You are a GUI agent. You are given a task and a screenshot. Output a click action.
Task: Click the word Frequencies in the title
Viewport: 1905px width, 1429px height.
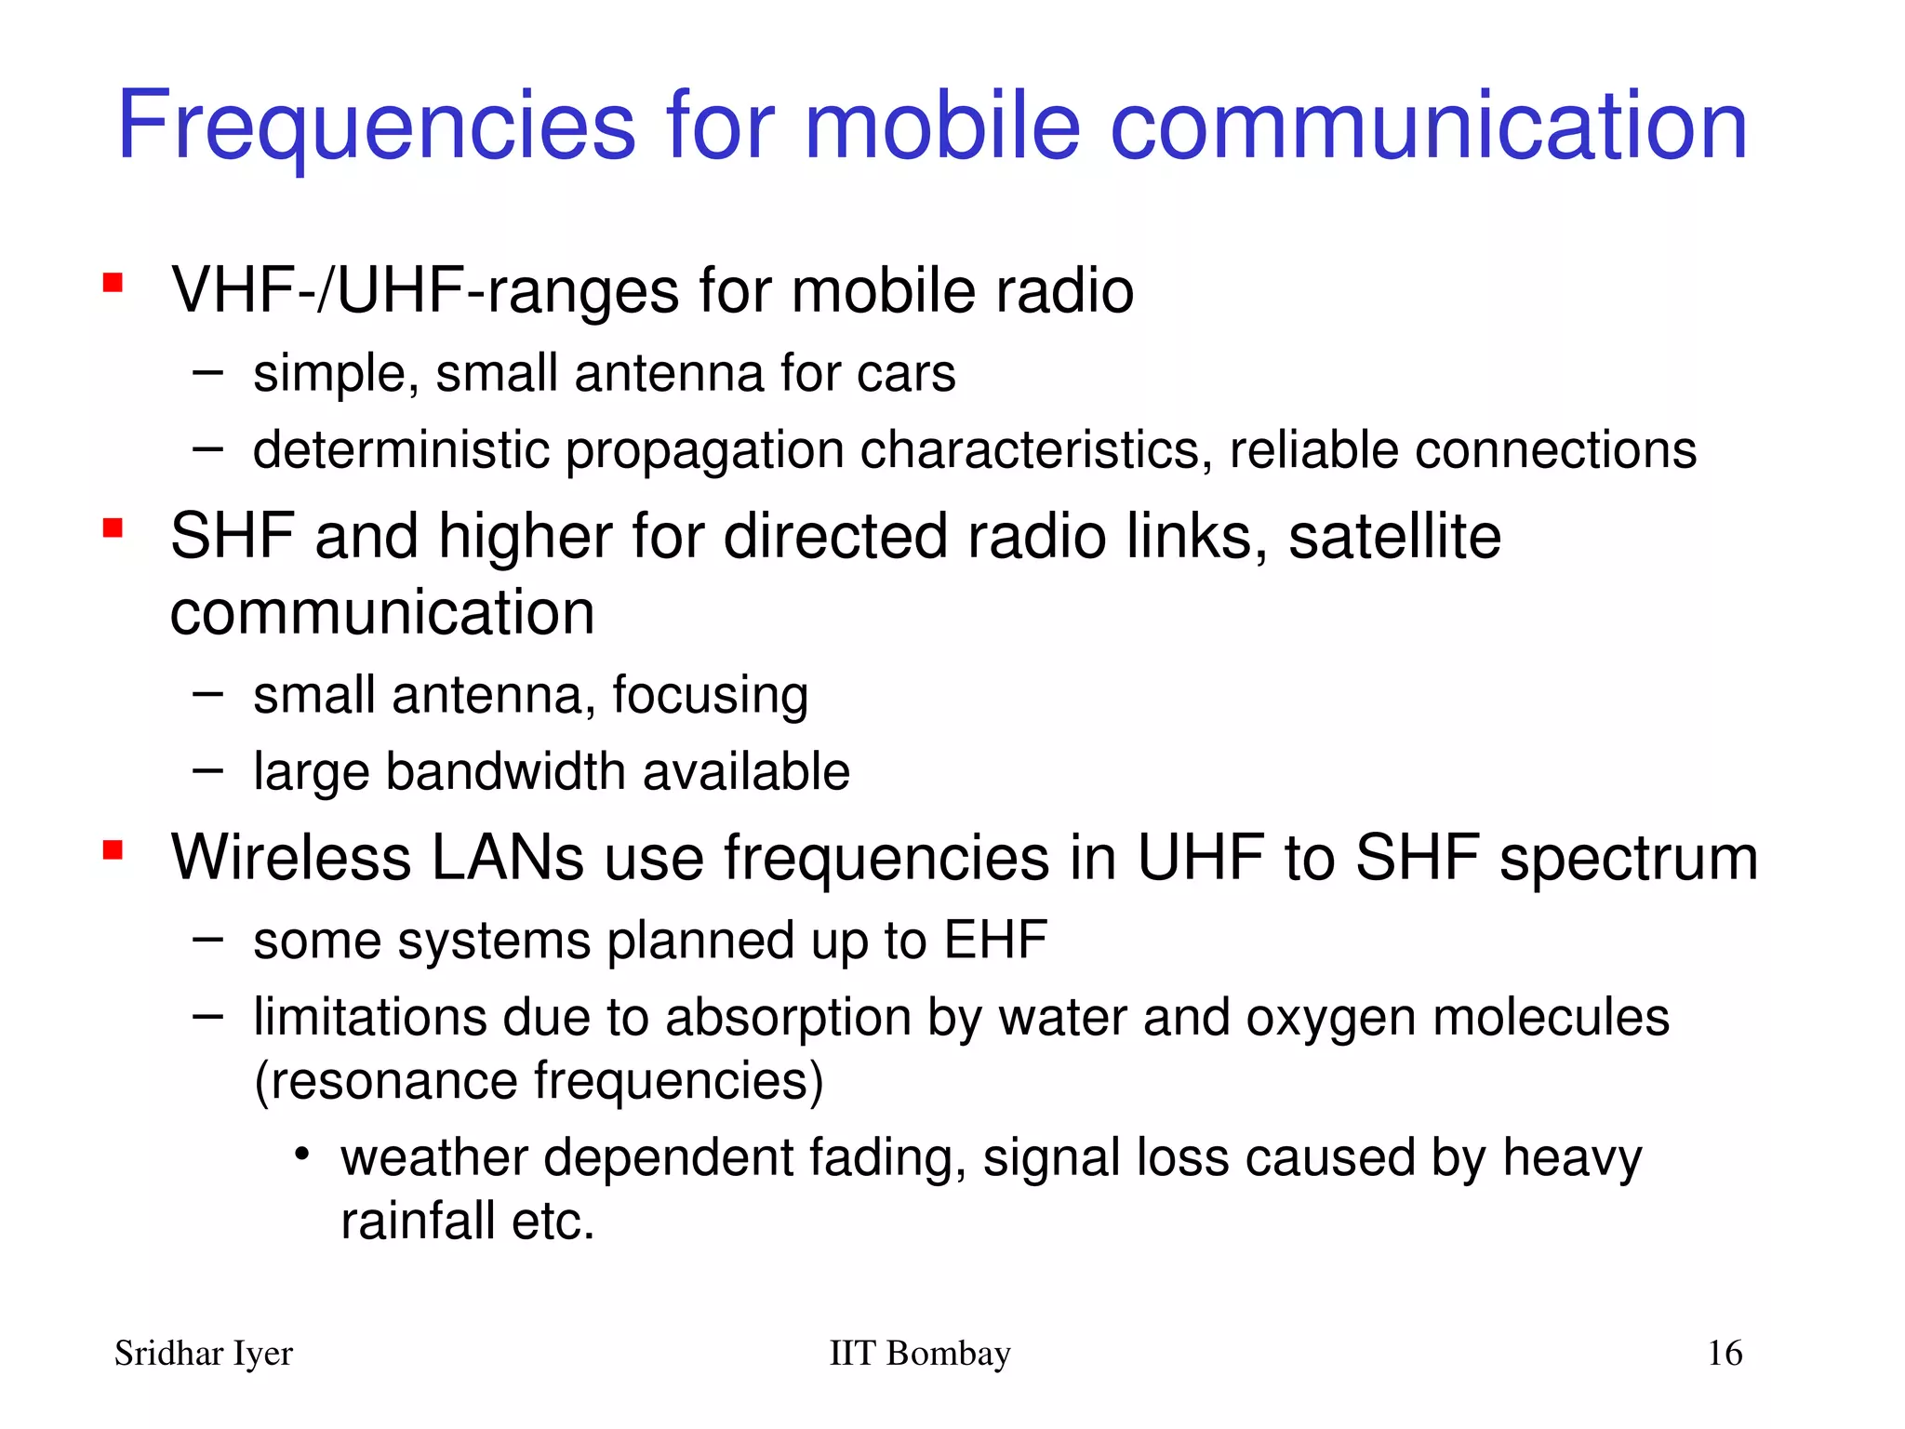click(377, 127)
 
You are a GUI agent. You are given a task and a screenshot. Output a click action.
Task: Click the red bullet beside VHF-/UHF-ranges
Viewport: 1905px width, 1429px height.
click(113, 283)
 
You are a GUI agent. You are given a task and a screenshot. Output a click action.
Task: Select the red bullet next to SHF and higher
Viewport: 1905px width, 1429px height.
click(113, 528)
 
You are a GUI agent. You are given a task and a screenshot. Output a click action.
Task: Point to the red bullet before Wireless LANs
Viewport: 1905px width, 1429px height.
click(113, 849)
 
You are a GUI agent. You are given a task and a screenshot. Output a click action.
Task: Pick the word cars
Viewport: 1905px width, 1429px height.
click(906, 374)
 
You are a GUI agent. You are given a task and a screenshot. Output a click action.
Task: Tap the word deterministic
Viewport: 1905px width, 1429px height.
click(401, 450)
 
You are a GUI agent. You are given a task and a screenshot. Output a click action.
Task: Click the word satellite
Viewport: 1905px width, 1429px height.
click(1394, 537)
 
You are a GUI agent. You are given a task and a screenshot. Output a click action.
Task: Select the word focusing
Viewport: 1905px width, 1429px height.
click(710, 696)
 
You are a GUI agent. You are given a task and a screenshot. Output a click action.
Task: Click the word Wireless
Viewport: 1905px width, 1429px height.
click(291, 857)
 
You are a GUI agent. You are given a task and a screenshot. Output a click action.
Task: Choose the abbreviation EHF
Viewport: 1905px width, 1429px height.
click(995, 941)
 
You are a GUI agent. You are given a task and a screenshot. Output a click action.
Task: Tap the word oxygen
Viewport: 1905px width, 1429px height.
click(1330, 1018)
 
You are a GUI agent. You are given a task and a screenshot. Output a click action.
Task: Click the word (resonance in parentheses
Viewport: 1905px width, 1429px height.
click(385, 1082)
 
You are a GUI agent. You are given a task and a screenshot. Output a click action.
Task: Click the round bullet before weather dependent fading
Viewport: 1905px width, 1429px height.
click(301, 1155)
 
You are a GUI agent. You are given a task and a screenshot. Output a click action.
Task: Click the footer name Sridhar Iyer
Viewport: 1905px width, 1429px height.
click(204, 1354)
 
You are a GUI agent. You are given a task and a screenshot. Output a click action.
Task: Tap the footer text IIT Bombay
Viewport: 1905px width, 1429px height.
click(919, 1354)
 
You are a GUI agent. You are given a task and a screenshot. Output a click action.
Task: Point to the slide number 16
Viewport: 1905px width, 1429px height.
click(1725, 1354)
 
